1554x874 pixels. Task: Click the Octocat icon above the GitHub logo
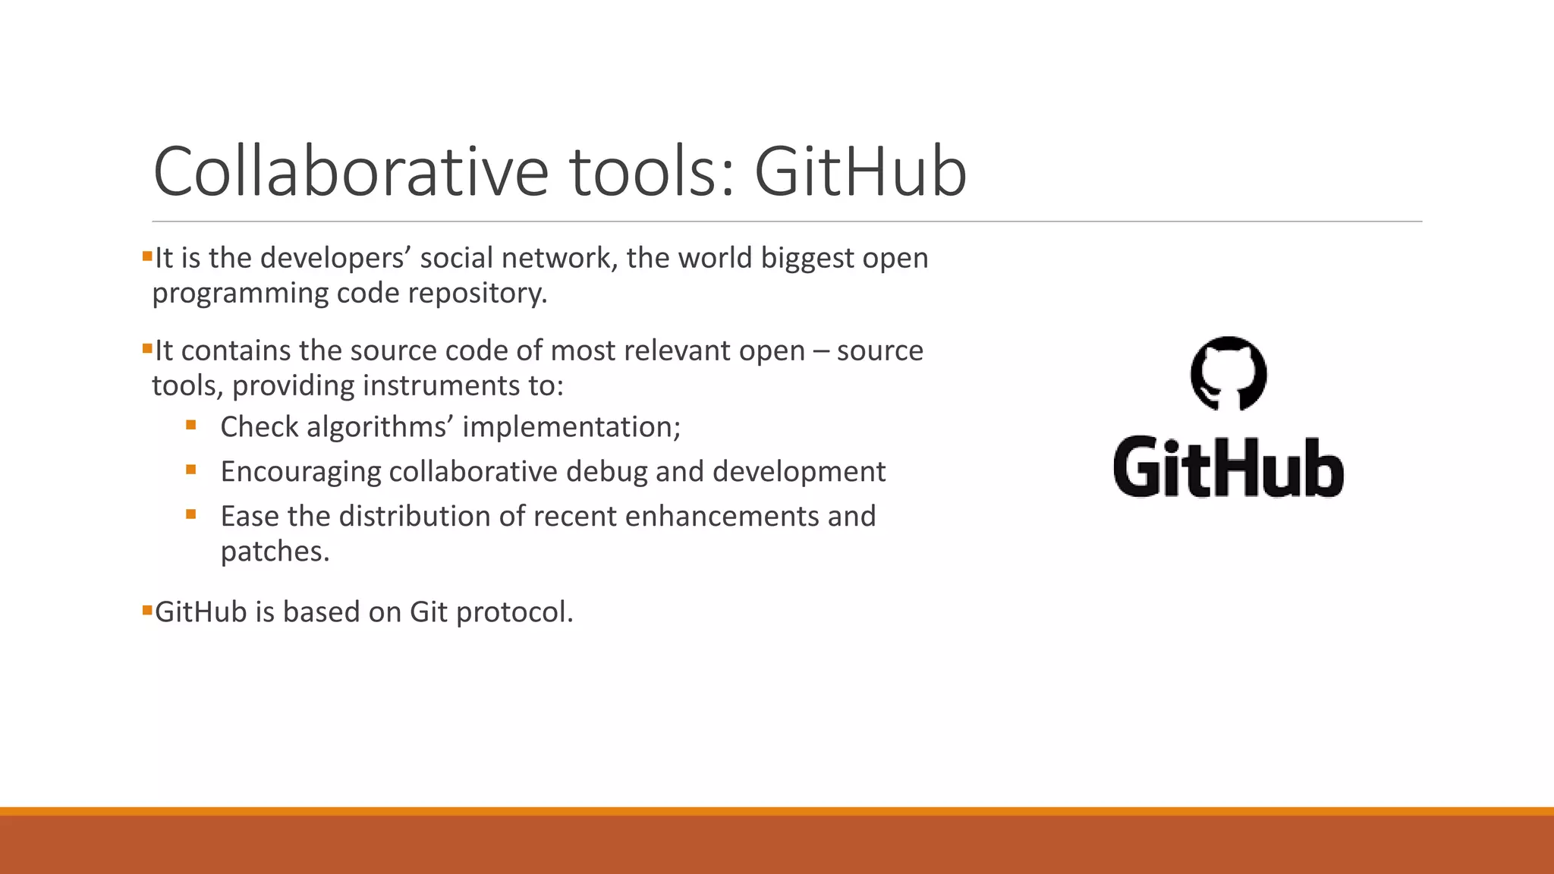coord(1228,374)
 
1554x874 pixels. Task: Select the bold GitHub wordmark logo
coord(1228,467)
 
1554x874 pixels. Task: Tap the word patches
coord(274,552)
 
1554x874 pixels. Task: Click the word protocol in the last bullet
coord(514,612)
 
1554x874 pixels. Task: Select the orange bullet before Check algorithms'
coord(191,426)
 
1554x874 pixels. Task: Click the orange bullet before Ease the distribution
coord(191,514)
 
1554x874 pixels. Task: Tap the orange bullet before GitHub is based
coord(147,610)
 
